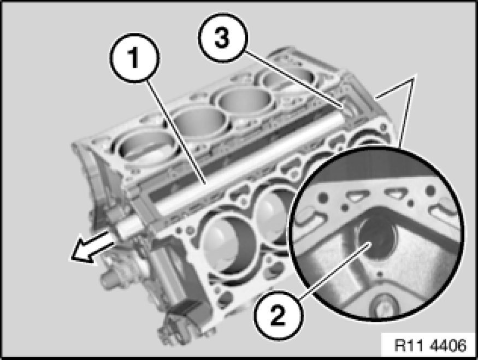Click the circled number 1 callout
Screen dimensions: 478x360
click(134, 58)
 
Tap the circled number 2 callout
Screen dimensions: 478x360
click(278, 315)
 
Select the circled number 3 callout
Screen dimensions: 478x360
click(223, 38)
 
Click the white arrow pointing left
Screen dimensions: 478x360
click(91, 247)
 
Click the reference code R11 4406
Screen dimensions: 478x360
click(430, 346)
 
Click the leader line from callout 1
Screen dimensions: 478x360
click(176, 131)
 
